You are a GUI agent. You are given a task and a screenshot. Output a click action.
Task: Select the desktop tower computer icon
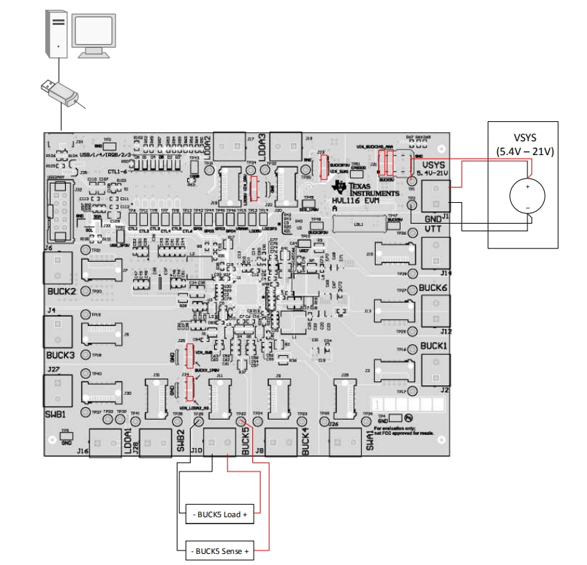click(58, 32)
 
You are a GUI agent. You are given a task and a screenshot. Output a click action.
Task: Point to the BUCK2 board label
click(61, 292)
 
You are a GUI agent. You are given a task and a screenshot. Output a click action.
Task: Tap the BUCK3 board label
click(61, 355)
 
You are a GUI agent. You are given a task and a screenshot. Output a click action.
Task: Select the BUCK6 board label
click(435, 287)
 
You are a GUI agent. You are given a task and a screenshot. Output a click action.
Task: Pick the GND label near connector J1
click(434, 217)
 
